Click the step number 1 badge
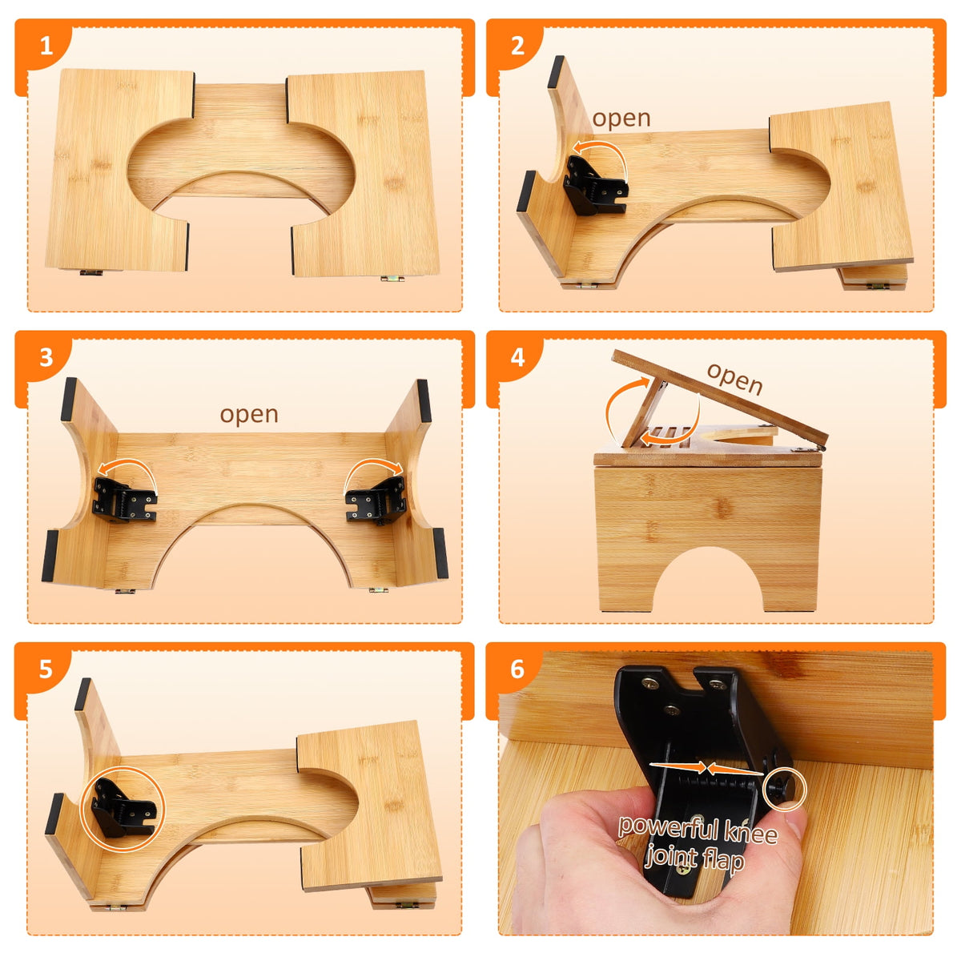point(46,46)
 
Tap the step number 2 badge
point(517,46)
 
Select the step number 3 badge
point(46,357)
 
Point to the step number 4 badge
point(517,357)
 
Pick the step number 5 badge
point(46,669)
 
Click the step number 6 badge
point(517,669)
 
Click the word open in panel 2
point(621,119)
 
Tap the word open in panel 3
point(249,415)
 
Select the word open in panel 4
point(734,379)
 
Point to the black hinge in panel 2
point(595,187)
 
